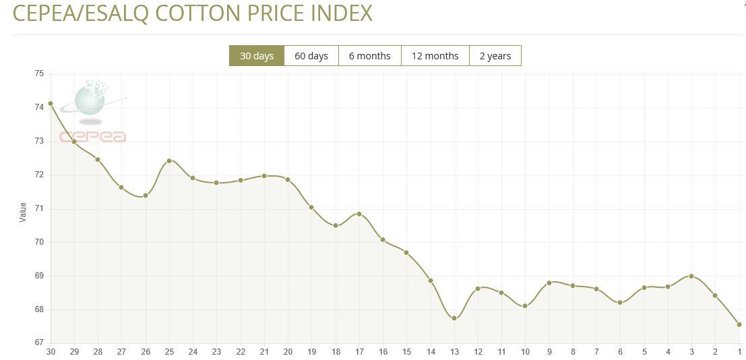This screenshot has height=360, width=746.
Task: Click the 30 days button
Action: pyautogui.click(x=257, y=56)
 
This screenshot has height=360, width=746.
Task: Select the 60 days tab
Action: pyautogui.click(x=311, y=56)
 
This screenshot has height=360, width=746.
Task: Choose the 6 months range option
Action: pyautogui.click(x=369, y=56)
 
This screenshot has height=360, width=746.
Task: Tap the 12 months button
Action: pyautogui.click(x=435, y=56)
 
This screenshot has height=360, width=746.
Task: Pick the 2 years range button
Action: pyautogui.click(x=495, y=56)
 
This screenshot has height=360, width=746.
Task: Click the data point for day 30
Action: pyautogui.click(x=51, y=103)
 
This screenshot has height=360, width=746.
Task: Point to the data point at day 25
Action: pyautogui.click(x=169, y=160)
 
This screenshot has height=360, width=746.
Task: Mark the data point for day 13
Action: pyautogui.click(x=454, y=318)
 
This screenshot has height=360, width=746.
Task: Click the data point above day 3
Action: pyautogui.click(x=691, y=276)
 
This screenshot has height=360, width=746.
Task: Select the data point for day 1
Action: pyautogui.click(x=739, y=324)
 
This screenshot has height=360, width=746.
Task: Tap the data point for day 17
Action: pyautogui.click(x=359, y=214)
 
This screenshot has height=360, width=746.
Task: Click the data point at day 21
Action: pyautogui.click(x=264, y=176)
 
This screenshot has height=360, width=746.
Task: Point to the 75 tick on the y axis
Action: pyautogui.click(x=39, y=73)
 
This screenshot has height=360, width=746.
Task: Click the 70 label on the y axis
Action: pyautogui.click(x=39, y=242)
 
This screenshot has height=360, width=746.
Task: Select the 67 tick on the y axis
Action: pyautogui.click(x=39, y=342)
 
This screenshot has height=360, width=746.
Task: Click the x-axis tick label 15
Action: pyautogui.click(x=406, y=352)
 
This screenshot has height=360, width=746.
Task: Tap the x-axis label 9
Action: pyautogui.click(x=549, y=352)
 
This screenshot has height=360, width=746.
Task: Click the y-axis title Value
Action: pyautogui.click(x=22, y=212)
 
